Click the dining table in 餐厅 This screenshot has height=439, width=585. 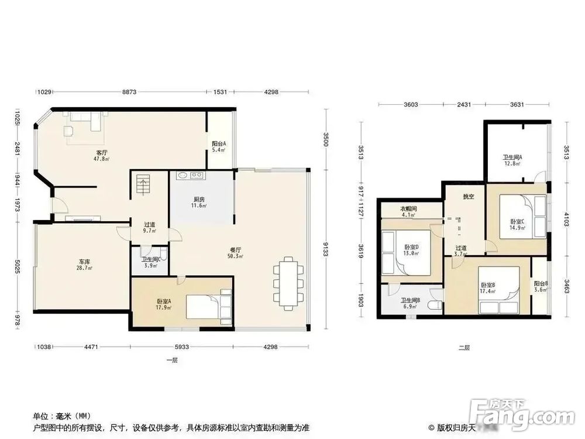[288, 283]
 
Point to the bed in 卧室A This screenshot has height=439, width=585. [207, 306]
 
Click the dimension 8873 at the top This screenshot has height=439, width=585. [129, 92]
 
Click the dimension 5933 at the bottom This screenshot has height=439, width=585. [181, 347]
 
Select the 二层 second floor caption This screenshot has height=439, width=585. [464, 348]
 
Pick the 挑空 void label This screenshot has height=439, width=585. [468, 197]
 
